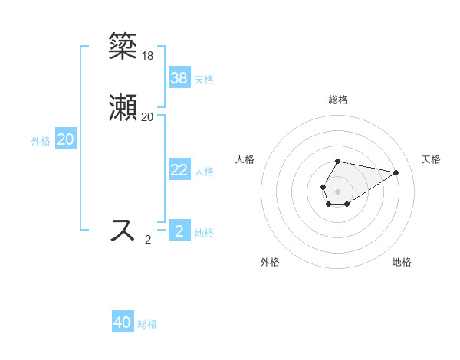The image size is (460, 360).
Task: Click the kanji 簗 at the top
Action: point(123,47)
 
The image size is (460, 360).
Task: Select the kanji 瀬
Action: point(123,108)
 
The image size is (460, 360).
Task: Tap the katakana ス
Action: point(123,230)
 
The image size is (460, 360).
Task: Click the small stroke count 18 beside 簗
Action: point(147,56)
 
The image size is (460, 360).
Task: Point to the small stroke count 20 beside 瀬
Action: point(147,117)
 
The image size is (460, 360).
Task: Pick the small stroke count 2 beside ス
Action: point(148,239)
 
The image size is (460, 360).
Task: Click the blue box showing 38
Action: point(179,78)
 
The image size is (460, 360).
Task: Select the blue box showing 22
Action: point(179,170)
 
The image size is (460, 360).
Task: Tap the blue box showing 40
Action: point(123,322)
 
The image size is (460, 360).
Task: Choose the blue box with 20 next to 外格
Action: point(66,139)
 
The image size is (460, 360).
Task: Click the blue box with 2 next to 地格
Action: point(179,231)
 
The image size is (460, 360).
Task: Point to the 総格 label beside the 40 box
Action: point(147,324)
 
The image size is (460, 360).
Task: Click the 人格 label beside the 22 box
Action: point(205,172)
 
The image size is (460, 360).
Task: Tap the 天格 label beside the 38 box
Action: point(204,80)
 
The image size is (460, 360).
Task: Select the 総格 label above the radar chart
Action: point(337,100)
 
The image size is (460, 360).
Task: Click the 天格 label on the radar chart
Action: point(431,159)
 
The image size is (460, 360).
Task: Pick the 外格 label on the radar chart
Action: point(270,262)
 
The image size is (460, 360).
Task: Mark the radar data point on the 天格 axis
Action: point(396,172)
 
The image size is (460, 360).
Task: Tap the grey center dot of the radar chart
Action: point(337,191)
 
